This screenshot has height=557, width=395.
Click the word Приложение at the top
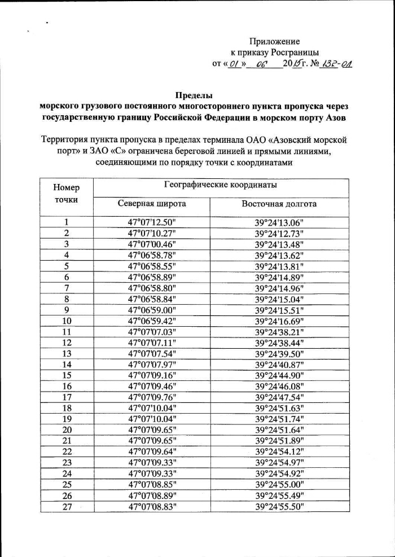pyautogui.click(x=274, y=41)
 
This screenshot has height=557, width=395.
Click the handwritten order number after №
pyautogui.click(x=336, y=64)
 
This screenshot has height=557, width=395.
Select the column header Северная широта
pyautogui.click(x=152, y=204)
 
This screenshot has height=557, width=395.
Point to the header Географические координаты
pyautogui.click(x=221, y=185)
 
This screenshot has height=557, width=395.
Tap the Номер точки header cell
pyautogui.click(x=67, y=193)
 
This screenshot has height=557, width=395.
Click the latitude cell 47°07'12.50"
pyautogui.click(x=152, y=222)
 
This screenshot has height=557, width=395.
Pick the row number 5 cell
pyautogui.click(x=67, y=266)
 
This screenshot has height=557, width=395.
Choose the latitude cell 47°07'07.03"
pyautogui.click(x=152, y=331)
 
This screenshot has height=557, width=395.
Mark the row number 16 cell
pyautogui.click(x=67, y=386)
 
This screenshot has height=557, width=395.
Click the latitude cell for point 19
pyautogui.click(x=152, y=419)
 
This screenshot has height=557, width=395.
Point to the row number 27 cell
pyautogui.click(x=67, y=506)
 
